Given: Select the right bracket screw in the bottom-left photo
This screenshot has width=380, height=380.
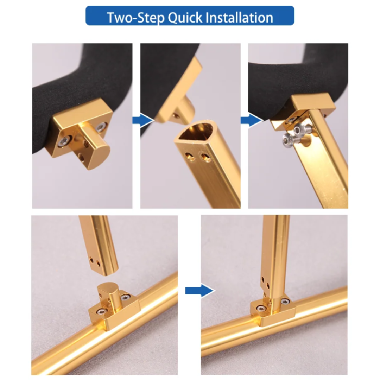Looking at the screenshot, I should point(125,298).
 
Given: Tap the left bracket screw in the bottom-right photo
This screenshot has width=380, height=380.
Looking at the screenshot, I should point(261,308).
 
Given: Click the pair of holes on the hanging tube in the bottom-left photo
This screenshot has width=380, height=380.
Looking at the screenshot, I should point(95,262).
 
